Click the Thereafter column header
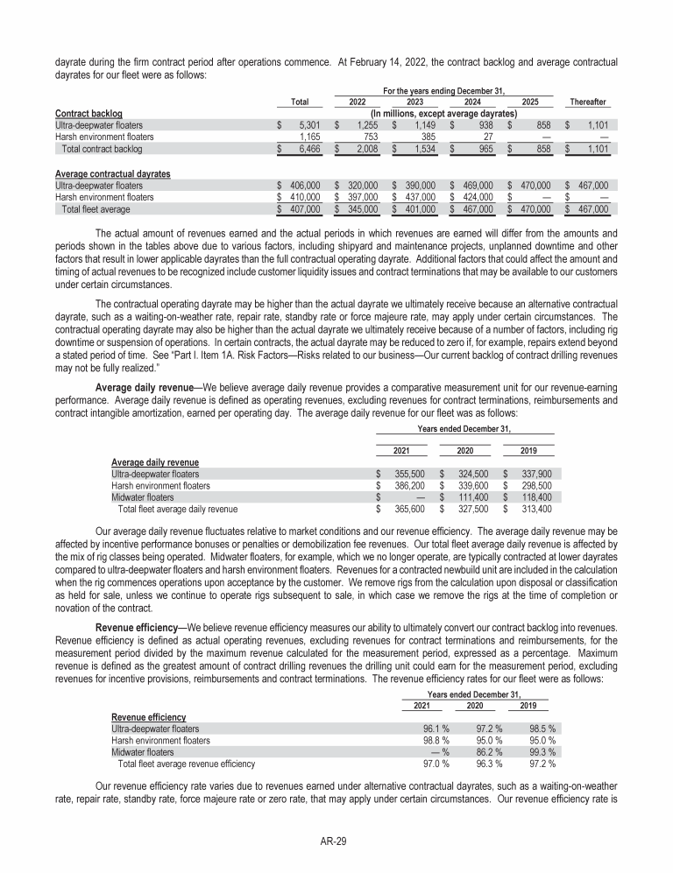click(588, 102)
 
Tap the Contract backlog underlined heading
click(89, 113)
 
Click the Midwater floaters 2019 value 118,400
click(533, 496)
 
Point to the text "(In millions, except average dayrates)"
click(443, 113)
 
